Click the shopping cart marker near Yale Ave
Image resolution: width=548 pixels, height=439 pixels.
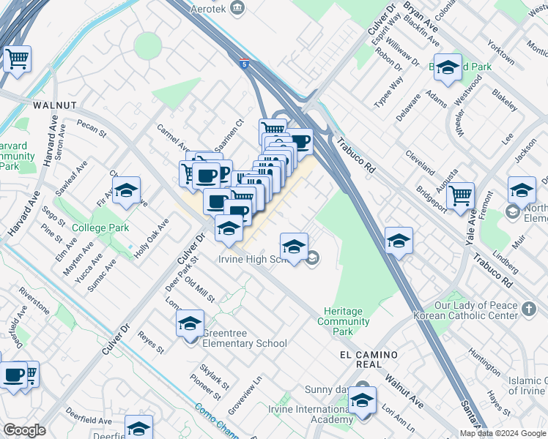click(x=461, y=196)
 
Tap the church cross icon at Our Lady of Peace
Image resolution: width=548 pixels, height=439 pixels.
click(x=530, y=307)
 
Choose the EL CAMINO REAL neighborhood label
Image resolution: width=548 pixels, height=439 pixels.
click(x=369, y=355)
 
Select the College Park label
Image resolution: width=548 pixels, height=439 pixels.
click(x=101, y=228)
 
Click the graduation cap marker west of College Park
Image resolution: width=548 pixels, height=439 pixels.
click(x=126, y=192)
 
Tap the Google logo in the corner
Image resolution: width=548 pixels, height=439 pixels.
click(x=24, y=430)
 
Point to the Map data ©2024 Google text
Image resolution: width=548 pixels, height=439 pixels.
click(x=503, y=433)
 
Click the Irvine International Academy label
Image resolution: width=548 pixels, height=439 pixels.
click(x=311, y=414)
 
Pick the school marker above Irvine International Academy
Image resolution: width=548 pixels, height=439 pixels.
click(x=361, y=401)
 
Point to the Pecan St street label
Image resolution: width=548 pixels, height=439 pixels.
click(x=92, y=129)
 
